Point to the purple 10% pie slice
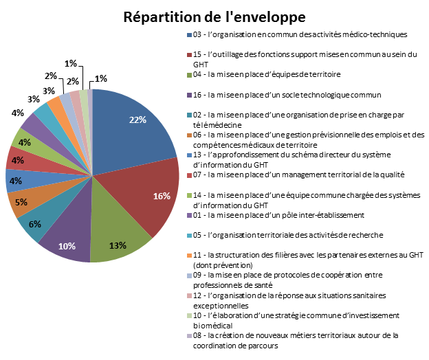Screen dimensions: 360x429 [69, 237]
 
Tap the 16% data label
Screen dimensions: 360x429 [162, 196]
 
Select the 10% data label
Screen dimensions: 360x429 [67, 246]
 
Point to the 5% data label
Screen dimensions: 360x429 [21, 203]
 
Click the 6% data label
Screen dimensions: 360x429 [34, 223]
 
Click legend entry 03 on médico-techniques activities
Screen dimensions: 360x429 [302, 34]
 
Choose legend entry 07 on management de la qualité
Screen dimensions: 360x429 [302, 175]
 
